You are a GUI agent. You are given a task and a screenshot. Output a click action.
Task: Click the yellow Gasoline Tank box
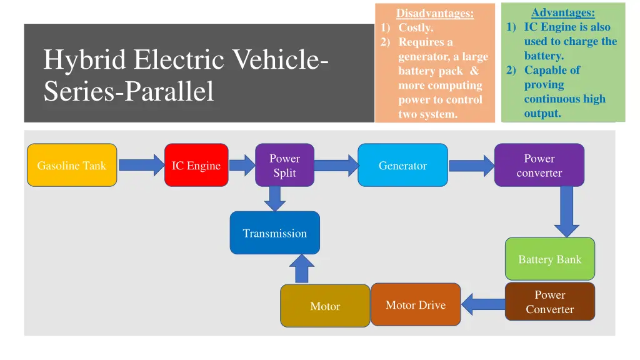pos(72,166)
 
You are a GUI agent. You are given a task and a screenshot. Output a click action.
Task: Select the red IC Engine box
pos(196,166)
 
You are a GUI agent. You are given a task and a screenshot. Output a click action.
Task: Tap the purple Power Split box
pos(284,166)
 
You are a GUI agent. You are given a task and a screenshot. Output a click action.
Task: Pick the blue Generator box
pos(402,166)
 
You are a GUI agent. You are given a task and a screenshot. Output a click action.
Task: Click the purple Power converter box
pos(539,166)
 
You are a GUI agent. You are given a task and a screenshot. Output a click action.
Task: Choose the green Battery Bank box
pos(549,259)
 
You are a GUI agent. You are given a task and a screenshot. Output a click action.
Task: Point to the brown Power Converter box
pos(549,302)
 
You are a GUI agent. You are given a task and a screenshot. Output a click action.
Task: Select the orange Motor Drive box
pos(416,305)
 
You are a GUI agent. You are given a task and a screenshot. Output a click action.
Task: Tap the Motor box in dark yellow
pos(325,306)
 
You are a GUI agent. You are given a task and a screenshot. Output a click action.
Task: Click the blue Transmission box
pos(274,233)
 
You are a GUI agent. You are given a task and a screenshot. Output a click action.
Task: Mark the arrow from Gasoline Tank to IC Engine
pos(141,166)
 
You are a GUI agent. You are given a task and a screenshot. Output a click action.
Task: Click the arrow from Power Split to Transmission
pos(274,199)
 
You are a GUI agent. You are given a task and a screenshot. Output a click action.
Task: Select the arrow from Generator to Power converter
pos(471,166)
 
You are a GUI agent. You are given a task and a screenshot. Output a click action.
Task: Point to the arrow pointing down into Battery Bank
pos(566,212)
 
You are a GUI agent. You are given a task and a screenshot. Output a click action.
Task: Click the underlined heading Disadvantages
pos(435,13)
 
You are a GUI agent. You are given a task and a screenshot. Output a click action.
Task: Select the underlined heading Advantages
pos(562,12)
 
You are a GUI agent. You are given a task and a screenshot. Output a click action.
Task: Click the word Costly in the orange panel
pos(415,27)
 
